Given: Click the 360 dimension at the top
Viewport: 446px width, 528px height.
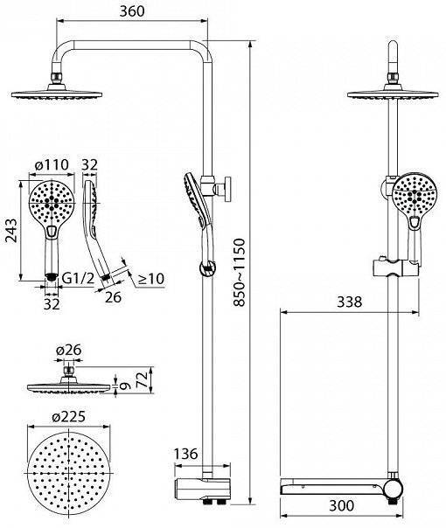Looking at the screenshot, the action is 132,11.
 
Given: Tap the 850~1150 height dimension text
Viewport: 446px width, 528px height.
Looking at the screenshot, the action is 239,272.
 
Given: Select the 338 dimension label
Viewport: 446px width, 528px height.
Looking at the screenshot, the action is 349,302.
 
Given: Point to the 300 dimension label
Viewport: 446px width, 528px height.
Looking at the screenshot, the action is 341,505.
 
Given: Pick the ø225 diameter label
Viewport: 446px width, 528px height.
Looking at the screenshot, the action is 69,417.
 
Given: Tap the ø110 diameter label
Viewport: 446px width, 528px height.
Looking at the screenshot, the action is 52,164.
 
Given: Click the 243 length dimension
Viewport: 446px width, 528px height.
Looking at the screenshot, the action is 11,230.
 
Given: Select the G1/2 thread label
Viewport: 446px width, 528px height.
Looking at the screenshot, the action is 78,278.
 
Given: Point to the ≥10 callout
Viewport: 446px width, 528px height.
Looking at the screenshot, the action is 151,279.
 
